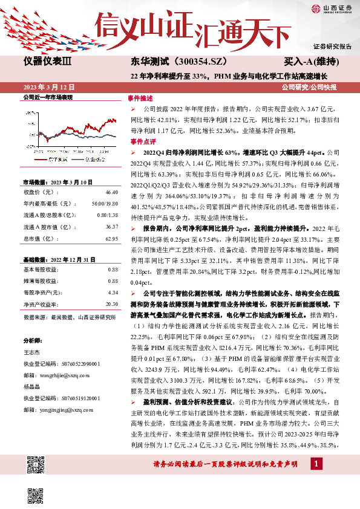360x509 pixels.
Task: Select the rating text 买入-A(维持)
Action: pos(310,62)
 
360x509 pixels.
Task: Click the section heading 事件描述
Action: pos(139,98)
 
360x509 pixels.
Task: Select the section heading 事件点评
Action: pos(139,141)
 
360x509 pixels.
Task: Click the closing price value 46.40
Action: pos(111,192)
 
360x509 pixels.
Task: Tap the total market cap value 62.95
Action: pos(111,238)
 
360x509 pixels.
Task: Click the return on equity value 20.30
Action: pos(111,304)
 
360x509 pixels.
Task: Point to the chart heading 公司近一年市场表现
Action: pos(47,97)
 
